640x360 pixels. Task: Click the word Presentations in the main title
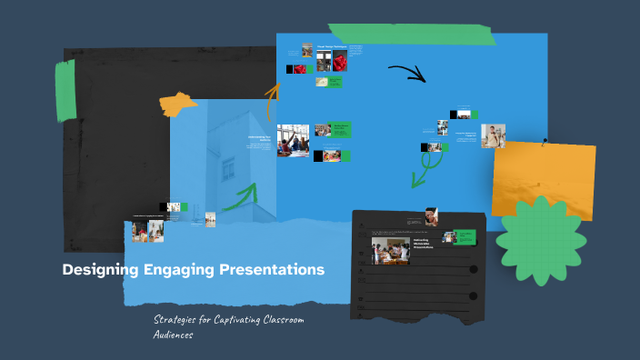pyautogui.click(x=272, y=270)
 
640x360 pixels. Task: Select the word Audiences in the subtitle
pyautogui.click(x=173, y=335)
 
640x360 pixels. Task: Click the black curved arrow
pyautogui.click(x=406, y=72)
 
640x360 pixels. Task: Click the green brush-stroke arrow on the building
pyautogui.click(x=237, y=194)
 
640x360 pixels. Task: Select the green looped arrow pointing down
pyautogui.click(x=425, y=165)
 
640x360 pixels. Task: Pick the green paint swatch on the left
pyautogui.click(x=65, y=91)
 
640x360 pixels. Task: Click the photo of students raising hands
pyautogui.click(x=293, y=141)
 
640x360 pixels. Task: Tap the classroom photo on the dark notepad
pyautogui.click(x=390, y=251)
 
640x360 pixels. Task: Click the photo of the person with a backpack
pyautogui.click(x=493, y=136)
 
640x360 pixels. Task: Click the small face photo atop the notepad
pyautogui.click(x=431, y=216)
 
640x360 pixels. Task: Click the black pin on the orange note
pyautogui.click(x=545, y=142)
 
